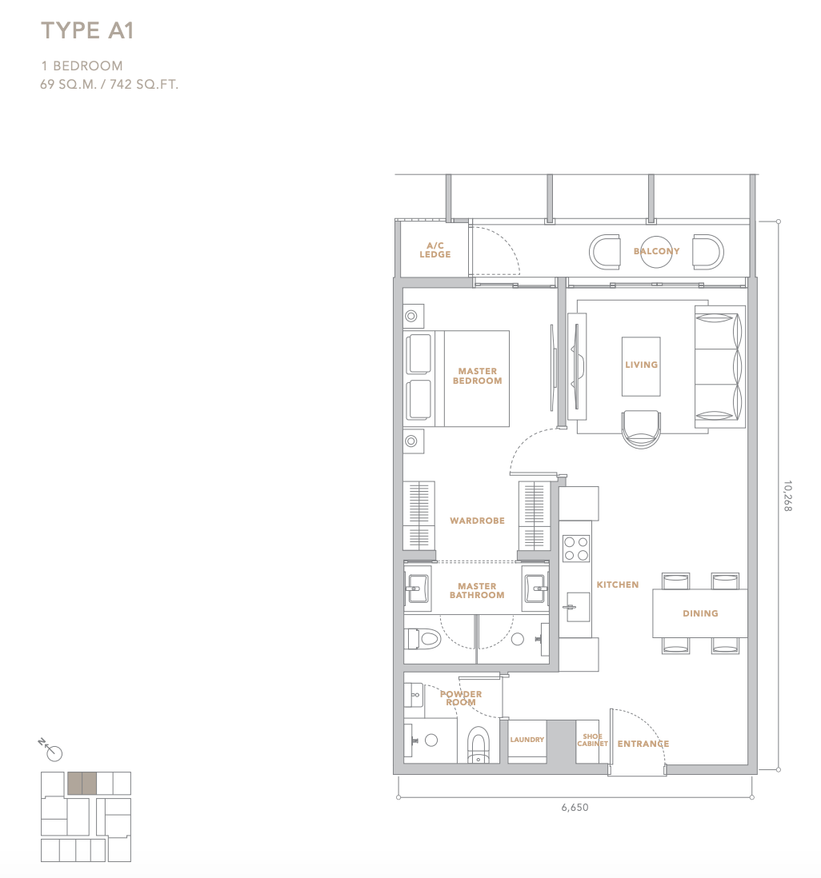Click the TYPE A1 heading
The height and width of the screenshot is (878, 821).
coord(87,31)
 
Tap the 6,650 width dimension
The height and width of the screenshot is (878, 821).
coord(575,808)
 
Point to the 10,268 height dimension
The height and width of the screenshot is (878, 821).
coord(787,496)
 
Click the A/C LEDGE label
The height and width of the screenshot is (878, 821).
coord(435,249)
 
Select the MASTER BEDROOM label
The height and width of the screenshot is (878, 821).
coord(478,376)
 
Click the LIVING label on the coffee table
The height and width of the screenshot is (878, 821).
coord(641,365)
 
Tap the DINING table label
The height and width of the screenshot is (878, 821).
coord(700,613)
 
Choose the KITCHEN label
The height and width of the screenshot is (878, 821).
coord(618,585)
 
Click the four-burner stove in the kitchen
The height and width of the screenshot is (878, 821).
coord(576,549)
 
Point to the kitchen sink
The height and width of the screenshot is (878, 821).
coord(578,607)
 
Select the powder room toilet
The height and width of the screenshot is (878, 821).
coord(478,744)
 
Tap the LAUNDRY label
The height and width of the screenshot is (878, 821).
coord(527,740)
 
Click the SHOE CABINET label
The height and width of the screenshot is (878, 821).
coord(592,740)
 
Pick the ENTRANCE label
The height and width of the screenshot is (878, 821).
coord(643,744)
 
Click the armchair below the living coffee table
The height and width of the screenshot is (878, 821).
coord(641,429)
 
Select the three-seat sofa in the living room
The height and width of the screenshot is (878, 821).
coord(719,367)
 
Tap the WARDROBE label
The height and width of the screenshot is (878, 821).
coord(478,521)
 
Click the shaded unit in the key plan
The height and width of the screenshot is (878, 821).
coord(82,784)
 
